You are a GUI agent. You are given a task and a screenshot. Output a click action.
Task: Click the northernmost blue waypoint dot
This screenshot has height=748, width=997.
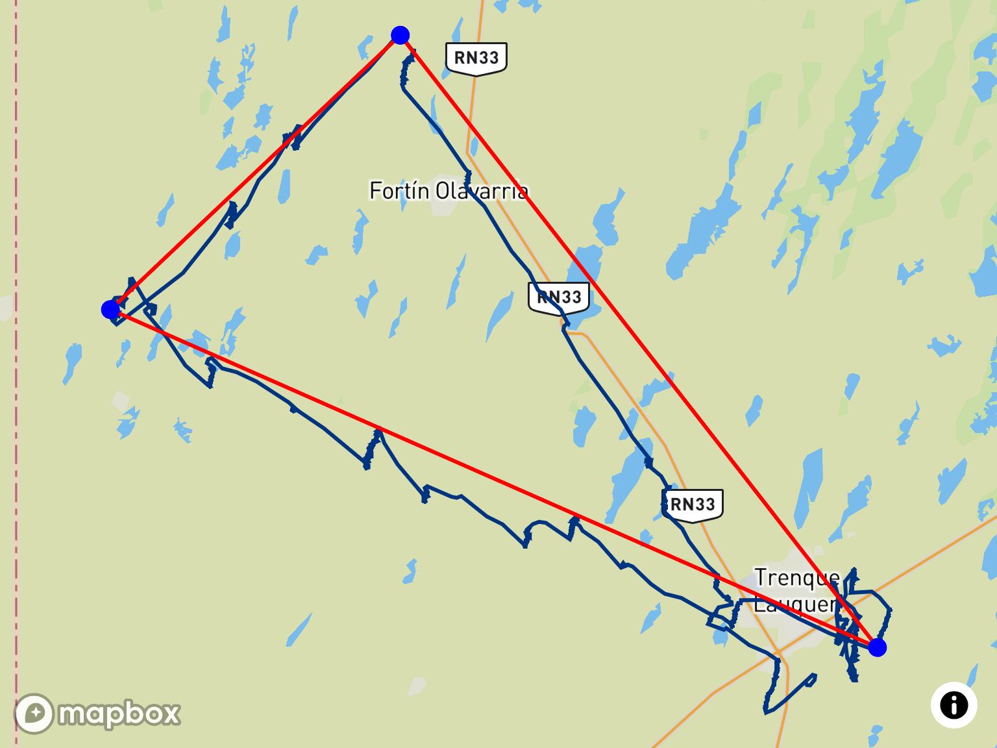tap(400, 35)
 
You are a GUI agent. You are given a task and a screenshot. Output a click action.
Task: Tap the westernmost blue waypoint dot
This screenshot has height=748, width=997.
tap(110, 310)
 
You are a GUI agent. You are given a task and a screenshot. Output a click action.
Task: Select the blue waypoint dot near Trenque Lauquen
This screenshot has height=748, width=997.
tap(877, 647)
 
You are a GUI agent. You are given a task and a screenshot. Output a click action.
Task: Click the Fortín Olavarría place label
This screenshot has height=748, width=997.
tap(449, 191)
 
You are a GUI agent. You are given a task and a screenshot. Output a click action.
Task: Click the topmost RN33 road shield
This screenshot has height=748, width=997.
tap(476, 58)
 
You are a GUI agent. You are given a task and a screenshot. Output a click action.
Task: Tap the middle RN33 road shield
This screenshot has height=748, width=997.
tap(559, 297)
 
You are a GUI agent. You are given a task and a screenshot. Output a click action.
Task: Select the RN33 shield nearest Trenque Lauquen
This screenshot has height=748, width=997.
tap(693, 504)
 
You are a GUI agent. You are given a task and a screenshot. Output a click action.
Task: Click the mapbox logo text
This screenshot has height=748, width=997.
tap(119, 714)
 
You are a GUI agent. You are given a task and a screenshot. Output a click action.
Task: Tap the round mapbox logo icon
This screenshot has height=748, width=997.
tap(34, 714)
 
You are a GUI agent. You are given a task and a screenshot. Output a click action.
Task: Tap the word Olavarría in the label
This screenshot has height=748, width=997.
tap(481, 191)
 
